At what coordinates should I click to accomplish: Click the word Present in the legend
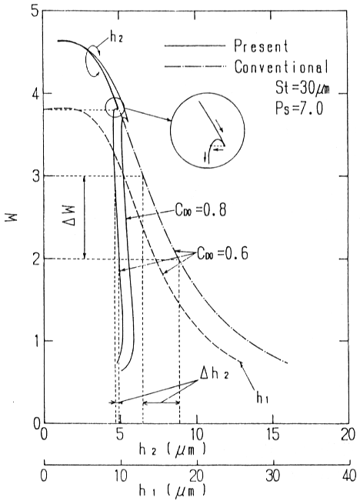pyautogui.click(x=262, y=46)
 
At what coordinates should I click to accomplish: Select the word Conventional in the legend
pyautogui.click(x=282, y=67)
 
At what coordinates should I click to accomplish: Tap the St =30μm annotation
pyautogui.click(x=302, y=87)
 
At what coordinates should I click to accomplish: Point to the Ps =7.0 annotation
pyautogui.click(x=299, y=108)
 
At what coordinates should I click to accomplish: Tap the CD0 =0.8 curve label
pyautogui.click(x=200, y=210)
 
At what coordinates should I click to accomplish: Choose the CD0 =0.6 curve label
pyautogui.click(x=222, y=254)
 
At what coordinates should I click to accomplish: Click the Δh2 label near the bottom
pyautogui.click(x=214, y=374)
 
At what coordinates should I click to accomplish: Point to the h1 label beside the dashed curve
pyautogui.click(x=262, y=397)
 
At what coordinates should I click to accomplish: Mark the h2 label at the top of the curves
pyautogui.click(x=116, y=38)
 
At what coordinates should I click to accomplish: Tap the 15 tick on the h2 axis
pyautogui.click(x=273, y=435)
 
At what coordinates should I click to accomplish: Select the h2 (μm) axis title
pyautogui.click(x=172, y=450)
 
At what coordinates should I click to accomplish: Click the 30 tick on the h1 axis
pyautogui.click(x=274, y=476)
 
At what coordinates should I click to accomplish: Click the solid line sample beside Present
pyautogui.click(x=195, y=47)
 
